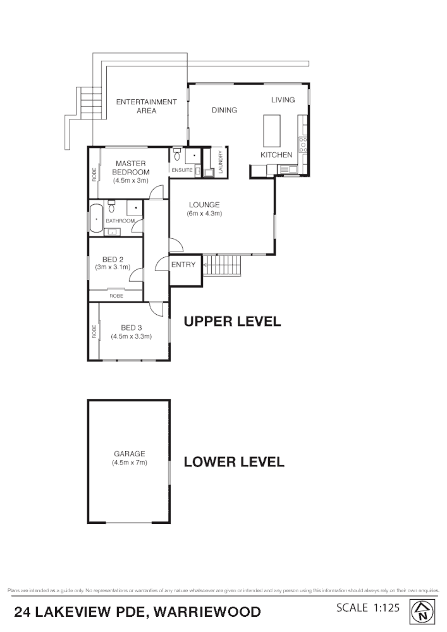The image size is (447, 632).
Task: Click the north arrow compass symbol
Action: [x=424, y=611]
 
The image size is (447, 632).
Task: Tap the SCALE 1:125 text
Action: [x=367, y=608]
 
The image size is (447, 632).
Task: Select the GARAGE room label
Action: [x=129, y=454]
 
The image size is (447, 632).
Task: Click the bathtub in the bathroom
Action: [x=96, y=218]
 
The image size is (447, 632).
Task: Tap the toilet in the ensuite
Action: [x=176, y=154]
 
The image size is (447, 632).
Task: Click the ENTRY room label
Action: [x=183, y=265]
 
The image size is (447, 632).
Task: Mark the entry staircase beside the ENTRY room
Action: [x=222, y=265]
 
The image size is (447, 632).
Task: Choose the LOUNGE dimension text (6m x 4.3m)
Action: [x=204, y=214]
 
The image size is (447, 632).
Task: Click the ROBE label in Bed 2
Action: [x=116, y=296]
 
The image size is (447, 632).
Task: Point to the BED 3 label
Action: [x=131, y=327]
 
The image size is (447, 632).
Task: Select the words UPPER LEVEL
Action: [x=231, y=322]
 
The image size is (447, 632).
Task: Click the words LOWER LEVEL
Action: [x=233, y=462]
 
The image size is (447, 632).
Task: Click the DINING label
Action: [x=224, y=110]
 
